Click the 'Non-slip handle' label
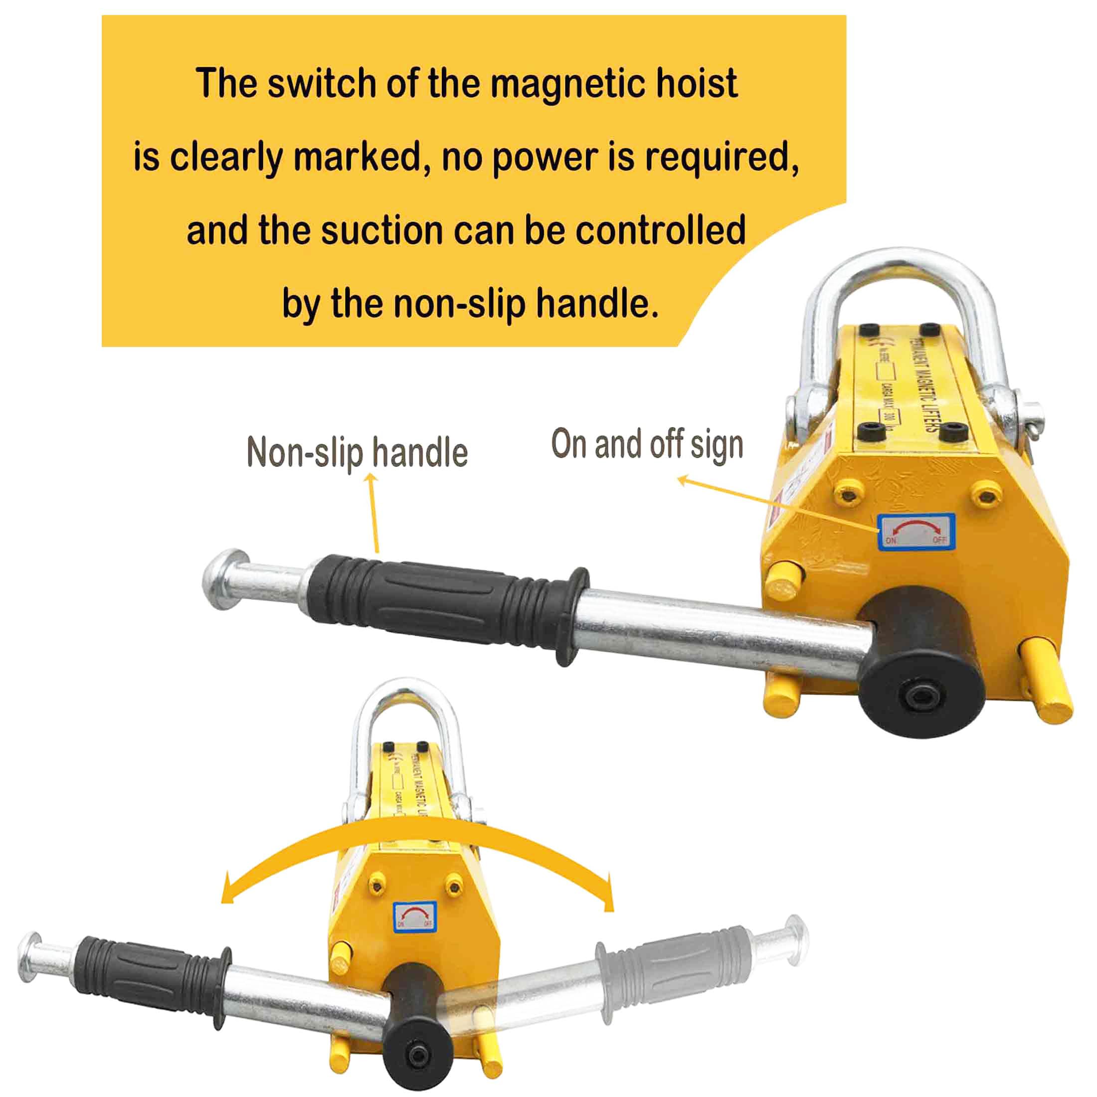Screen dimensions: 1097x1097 click(x=357, y=453)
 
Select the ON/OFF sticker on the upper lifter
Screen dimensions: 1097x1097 click(x=916, y=532)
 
